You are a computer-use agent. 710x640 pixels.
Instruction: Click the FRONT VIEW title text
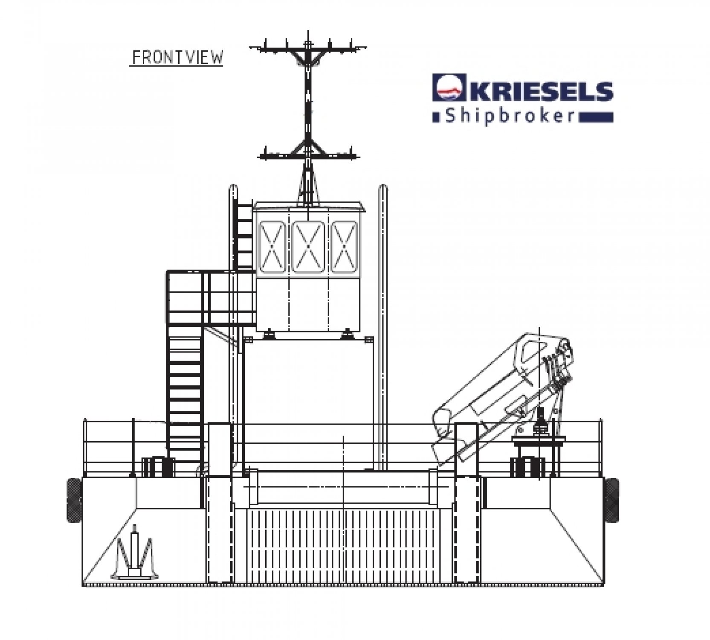point(176,58)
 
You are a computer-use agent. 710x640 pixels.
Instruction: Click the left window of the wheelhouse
point(272,247)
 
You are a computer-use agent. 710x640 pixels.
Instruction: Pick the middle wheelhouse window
point(308,247)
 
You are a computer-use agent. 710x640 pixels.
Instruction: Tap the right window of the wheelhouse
point(344,247)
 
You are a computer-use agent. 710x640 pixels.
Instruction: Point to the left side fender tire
point(74,500)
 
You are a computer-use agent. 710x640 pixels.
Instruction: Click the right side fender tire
point(611,499)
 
